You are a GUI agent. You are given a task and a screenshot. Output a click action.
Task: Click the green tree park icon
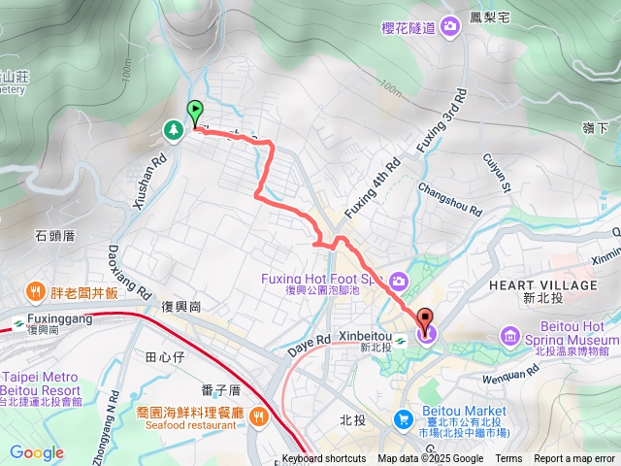(x=173, y=128)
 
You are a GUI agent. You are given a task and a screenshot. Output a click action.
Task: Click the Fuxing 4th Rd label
(x=372, y=189)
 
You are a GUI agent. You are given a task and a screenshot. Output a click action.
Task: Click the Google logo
(x=36, y=452)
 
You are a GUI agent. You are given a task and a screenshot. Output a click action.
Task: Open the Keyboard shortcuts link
(x=324, y=459)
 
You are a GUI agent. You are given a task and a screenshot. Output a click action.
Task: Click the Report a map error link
(x=575, y=459)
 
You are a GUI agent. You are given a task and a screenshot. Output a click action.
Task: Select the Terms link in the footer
(x=508, y=459)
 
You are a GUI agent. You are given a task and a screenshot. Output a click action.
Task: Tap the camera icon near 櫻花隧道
(x=449, y=28)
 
